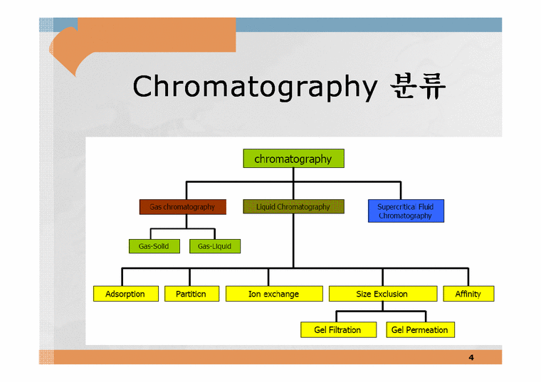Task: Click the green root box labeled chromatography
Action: tap(293, 159)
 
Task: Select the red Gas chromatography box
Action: tap(182, 207)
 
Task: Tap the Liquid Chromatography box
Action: tap(293, 207)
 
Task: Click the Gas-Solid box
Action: tap(149, 246)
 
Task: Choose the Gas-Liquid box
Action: tap(214, 246)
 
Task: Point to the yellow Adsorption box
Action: tap(125, 294)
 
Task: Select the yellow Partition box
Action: tap(190, 294)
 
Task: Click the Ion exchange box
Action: tap(273, 294)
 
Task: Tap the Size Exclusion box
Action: tap(382, 294)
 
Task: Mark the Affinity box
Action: tap(468, 294)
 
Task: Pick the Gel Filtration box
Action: tap(337, 330)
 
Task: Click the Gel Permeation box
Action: tap(419, 330)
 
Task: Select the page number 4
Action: tap(471, 357)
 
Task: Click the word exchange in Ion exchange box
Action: tap(281, 294)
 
